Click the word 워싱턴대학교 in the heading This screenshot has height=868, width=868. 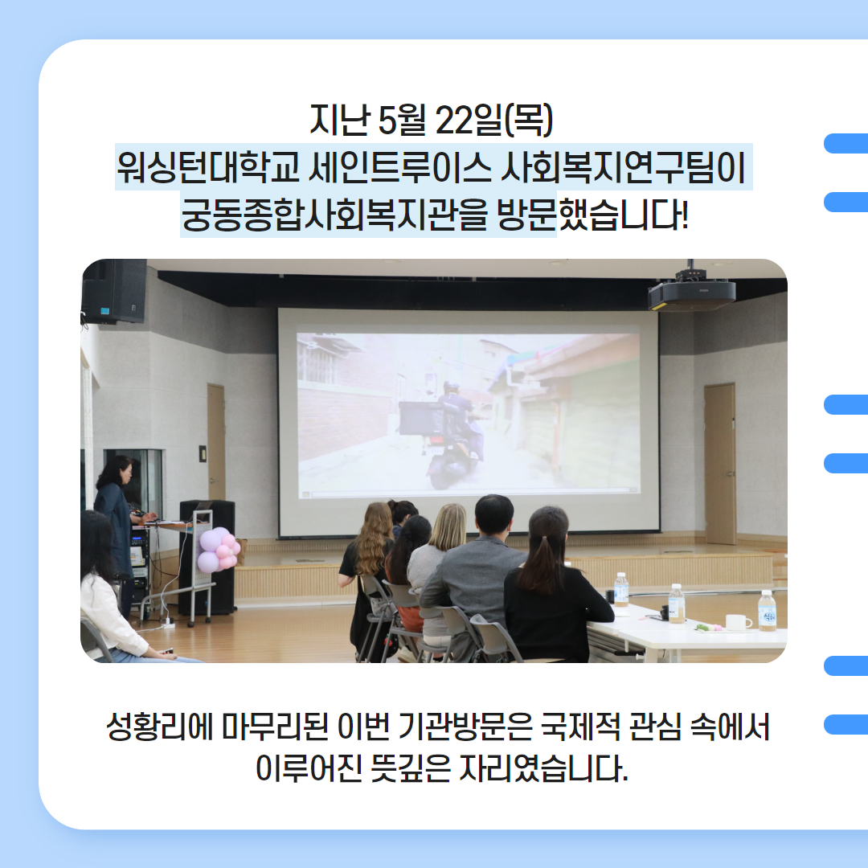click(x=208, y=167)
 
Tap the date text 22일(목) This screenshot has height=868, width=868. click(x=493, y=120)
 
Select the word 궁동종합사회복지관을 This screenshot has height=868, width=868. click(x=334, y=215)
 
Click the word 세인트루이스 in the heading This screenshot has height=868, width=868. click(x=399, y=167)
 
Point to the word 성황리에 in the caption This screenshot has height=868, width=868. click(x=160, y=727)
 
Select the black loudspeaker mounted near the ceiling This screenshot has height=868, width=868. click(x=114, y=291)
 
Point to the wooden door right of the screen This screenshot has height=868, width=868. click(x=720, y=464)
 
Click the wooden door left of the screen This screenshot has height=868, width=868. click(x=216, y=442)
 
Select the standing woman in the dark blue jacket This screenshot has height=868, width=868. click(x=117, y=526)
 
